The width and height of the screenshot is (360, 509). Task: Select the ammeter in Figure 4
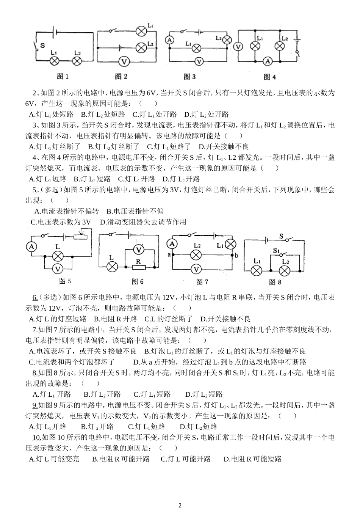(x=268, y=61)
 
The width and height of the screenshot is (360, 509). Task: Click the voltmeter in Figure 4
(x=238, y=46)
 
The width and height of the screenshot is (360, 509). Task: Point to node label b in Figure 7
(x=236, y=255)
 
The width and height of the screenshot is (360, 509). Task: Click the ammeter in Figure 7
(x=173, y=244)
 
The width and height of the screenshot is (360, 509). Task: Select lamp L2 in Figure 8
(x=285, y=270)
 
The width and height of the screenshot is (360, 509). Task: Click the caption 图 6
(x=137, y=282)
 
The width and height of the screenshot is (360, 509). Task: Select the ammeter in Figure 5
(x=33, y=247)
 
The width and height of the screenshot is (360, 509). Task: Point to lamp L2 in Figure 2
(x=141, y=47)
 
